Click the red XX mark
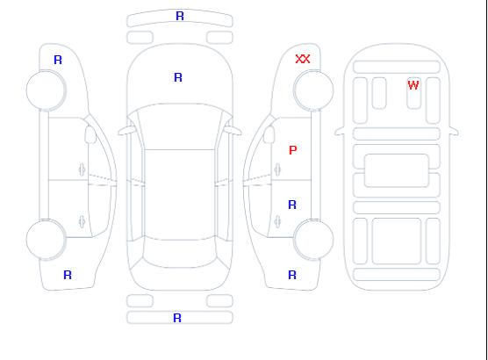click(303, 59)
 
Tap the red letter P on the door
click(293, 150)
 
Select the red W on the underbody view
click(413, 85)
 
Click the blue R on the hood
click(178, 77)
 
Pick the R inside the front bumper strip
click(180, 16)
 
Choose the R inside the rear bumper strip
click(177, 318)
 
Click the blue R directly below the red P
click(292, 205)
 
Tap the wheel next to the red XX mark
click(313, 90)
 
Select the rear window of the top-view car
click(180, 253)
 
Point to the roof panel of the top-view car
click(180, 195)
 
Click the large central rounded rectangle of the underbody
click(397, 170)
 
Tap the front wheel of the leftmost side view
click(46, 90)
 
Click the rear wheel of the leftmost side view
click(46, 239)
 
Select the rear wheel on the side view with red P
click(313, 239)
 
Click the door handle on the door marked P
click(277, 169)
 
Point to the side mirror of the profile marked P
click(269, 134)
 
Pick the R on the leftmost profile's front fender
click(58, 60)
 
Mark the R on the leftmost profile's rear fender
click(68, 275)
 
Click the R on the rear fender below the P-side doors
click(292, 275)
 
